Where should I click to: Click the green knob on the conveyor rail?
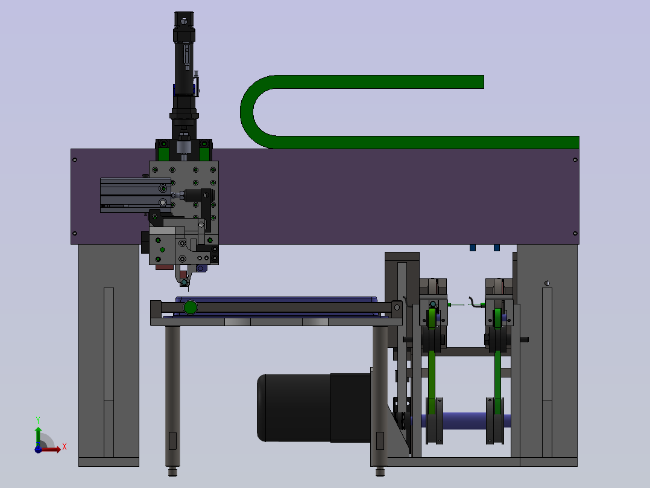[x=191, y=307]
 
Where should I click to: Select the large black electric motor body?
[x=314, y=408]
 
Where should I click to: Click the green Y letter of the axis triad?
[x=38, y=420]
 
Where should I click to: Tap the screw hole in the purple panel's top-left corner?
[x=75, y=159]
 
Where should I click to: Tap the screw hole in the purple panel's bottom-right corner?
[x=575, y=233]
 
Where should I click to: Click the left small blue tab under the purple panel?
[x=473, y=248]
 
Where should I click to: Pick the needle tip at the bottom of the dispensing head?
[x=189, y=289]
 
